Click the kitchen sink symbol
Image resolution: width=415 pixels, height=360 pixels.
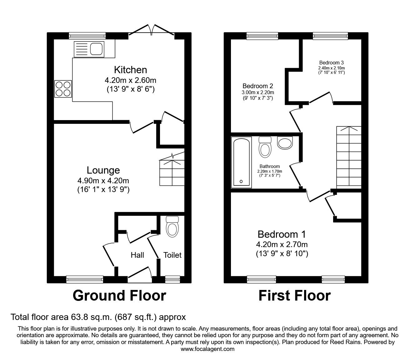click(x=89, y=49)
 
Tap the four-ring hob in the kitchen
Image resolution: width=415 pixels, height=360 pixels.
click(x=63, y=89)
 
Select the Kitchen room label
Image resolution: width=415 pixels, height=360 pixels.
click(x=130, y=69)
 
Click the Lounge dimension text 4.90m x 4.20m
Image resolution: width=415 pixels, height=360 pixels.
click(x=103, y=180)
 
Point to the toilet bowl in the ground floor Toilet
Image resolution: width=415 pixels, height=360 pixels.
click(x=172, y=227)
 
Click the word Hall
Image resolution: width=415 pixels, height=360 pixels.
click(x=137, y=255)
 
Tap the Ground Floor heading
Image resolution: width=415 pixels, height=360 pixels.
click(x=119, y=296)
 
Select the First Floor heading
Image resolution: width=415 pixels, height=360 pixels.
click(x=294, y=296)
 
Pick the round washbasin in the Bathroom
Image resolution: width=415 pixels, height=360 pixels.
click(x=285, y=143)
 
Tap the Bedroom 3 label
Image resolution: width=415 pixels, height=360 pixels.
click(x=332, y=63)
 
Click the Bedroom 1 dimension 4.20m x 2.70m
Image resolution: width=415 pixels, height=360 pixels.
click(x=282, y=245)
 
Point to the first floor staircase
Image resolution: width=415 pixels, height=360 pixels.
click(x=349, y=156)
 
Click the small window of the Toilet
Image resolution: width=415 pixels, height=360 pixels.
click(x=172, y=279)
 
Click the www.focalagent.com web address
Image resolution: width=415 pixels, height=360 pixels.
click(x=207, y=349)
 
